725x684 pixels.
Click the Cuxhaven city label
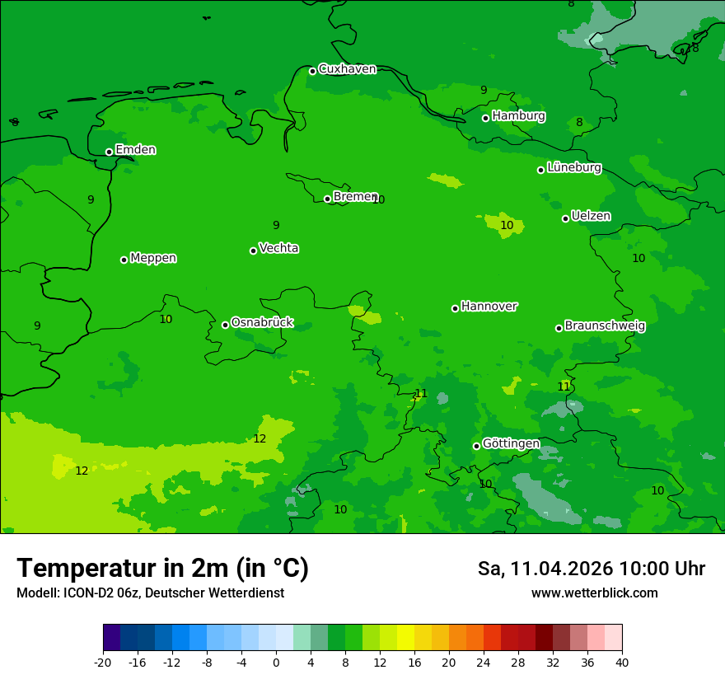(x=347, y=69)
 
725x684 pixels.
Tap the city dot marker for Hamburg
(x=486, y=118)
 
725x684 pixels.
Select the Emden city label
(x=135, y=150)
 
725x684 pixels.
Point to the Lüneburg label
(x=574, y=167)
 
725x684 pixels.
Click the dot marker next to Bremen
(x=327, y=199)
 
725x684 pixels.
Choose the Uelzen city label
(x=591, y=216)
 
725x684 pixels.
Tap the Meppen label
(x=153, y=258)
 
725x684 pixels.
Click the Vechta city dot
(x=253, y=251)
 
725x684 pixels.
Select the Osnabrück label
(x=262, y=322)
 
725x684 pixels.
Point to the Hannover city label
(x=489, y=307)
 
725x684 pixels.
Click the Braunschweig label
(x=605, y=326)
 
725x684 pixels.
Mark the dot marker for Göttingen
(x=476, y=446)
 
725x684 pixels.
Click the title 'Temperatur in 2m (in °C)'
(x=162, y=568)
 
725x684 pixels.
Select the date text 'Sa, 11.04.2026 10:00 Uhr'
(x=592, y=569)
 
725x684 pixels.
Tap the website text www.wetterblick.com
(x=594, y=593)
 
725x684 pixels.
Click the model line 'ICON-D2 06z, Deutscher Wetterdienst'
(x=150, y=593)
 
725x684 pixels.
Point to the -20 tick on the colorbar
(x=103, y=662)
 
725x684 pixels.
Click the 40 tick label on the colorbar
(x=622, y=662)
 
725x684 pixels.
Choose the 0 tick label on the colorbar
(x=276, y=662)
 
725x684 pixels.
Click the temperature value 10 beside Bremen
(x=378, y=199)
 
